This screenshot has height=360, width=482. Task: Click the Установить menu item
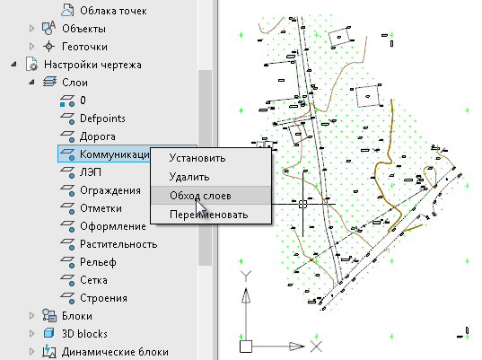coord(197,158)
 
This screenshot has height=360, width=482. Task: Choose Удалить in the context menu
coord(189,177)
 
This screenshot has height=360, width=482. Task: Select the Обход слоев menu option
coord(200,196)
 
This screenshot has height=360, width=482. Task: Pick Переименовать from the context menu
coord(209,215)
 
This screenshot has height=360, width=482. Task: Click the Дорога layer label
coord(98,136)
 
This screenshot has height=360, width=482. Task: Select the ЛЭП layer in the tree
coord(91,172)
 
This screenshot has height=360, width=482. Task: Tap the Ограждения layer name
coord(110,190)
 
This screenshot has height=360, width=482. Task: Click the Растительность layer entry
coord(118,244)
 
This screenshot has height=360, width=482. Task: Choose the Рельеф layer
coord(98,262)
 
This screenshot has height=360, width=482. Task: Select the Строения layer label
coord(103,298)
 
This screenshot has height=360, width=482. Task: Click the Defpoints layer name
coord(102,119)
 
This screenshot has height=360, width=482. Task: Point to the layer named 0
coord(83,101)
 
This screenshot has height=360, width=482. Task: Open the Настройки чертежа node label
coord(92,65)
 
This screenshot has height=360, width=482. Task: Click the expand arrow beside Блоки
coord(31,316)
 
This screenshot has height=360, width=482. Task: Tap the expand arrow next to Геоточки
coord(31,47)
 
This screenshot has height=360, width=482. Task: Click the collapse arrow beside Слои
coord(31,82)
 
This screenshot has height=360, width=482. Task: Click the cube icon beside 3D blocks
coord(48,333)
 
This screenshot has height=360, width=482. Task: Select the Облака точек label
coord(113,11)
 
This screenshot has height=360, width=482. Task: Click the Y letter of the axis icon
coord(246,276)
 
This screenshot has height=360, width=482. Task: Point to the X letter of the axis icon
coord(316,347)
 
